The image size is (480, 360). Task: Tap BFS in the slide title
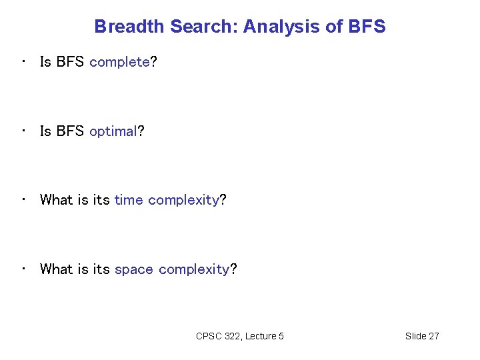click(x=367, y=27)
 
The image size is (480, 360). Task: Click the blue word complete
click(x=119, y=63)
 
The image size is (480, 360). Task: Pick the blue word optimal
click(x=113, y=131)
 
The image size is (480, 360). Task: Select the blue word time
click(x=129, y=200)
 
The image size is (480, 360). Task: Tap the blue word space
click(x=134, y=270)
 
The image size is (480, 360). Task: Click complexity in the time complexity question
click(x=183, y=201)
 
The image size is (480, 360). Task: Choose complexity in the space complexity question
click(x=194, y=270)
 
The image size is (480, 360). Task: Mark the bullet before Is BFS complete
click(x=23, y=62)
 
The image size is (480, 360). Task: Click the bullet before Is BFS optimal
click(x=23, y=131)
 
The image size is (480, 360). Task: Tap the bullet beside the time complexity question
click(x=23, y=199)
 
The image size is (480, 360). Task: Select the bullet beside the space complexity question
click(x=23, y=269)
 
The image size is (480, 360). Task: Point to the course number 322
click(x=233, y=336)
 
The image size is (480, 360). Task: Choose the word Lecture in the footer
click(x=261, y=336)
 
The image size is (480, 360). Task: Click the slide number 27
click(x=433, y=336)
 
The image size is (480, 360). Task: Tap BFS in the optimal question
click(x=70, y=131)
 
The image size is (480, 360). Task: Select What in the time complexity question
click(x=57, y=200)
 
